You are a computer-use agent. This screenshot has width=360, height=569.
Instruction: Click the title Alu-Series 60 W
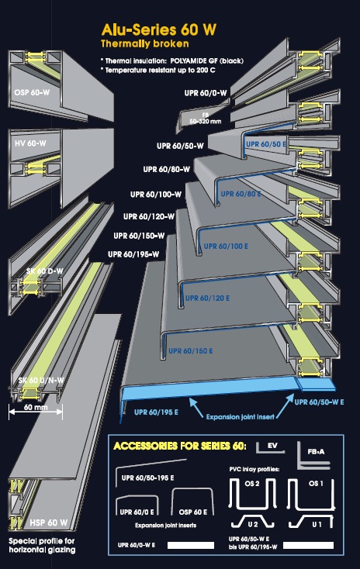tap(159, 29)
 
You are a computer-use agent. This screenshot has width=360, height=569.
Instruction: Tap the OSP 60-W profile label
tap(32, 92)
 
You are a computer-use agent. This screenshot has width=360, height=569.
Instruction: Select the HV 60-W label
tap(30, 143)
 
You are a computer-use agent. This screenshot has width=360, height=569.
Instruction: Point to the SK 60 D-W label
tap(45, 271)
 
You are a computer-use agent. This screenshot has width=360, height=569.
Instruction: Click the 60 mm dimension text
tap(36, 407)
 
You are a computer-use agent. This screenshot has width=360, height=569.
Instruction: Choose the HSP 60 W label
tap(49, 522)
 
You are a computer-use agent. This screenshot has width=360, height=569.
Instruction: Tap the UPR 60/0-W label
tap(206, 93)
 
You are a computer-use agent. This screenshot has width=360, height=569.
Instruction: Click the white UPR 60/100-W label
tap(156, 195)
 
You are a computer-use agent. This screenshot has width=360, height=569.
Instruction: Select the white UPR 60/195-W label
tap(133, 255)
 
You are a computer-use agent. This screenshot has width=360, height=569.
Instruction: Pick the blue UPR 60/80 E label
tap(241, 194)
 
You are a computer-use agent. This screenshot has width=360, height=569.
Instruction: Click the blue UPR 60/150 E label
tap(191, 351)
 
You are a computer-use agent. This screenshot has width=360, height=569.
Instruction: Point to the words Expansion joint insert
tap(240, 417)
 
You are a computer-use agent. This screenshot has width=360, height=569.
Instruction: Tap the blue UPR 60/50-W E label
tap(320, 402)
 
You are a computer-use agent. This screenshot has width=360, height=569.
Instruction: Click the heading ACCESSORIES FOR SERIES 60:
tap(180, 446)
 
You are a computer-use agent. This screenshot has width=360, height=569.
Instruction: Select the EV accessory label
tap(272, 446)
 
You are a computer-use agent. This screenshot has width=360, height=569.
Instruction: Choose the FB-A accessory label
tap(316, 452)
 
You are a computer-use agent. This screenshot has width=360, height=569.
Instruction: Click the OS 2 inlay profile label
tap(251, 484)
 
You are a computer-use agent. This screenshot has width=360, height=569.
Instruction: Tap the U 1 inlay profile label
tap(317, 524)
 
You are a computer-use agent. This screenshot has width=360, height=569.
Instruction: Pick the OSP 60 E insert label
tap(193, 512)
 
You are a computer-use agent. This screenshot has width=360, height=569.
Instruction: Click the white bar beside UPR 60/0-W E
tap(191, 546)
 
